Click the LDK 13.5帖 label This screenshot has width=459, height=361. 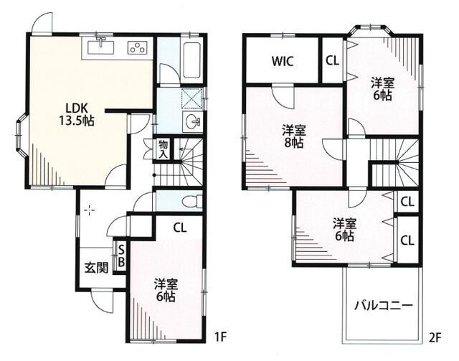click(77, 115)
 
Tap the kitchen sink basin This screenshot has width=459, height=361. click(101, 47)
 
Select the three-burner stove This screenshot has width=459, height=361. click(137, 47)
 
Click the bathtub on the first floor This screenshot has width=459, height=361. click(191, 60)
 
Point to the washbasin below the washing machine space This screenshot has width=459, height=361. click(192, 121)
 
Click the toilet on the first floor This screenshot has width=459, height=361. click(192, 201)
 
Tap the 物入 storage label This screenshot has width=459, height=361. click(163, 149)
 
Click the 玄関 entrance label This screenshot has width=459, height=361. click(96, 267)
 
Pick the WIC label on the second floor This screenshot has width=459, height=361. click(282, 61)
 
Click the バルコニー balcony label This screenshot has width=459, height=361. click(384, 306)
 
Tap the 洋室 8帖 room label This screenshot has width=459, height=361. click(294, 136)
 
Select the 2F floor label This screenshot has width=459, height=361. click(435, 338)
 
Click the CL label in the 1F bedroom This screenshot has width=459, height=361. click(180, 228)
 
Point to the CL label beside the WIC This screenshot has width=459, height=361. click(332, 61)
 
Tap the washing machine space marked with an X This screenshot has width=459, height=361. click(191, 98)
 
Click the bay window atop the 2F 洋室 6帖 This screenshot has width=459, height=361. click(370, 30)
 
